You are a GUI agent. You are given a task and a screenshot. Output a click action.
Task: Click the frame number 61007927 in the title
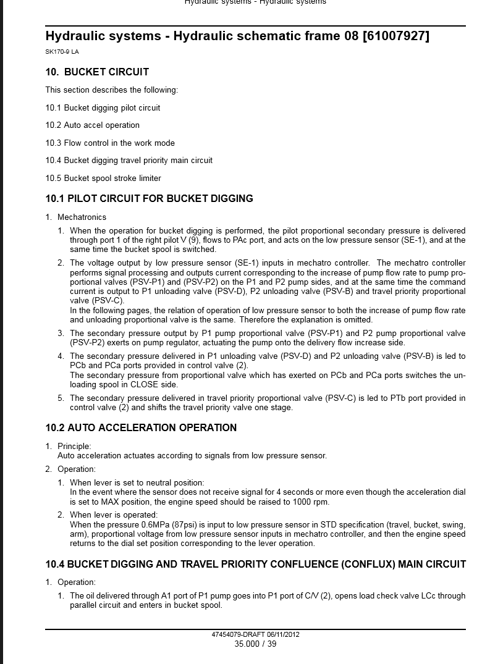point(395,36)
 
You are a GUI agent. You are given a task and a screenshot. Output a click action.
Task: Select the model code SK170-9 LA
point(62,52)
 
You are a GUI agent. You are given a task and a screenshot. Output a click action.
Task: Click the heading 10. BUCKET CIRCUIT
point(97,72)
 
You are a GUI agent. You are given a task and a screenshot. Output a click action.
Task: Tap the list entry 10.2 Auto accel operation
point(92,125)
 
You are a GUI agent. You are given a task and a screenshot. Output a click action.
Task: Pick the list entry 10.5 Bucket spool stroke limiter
point(103,178)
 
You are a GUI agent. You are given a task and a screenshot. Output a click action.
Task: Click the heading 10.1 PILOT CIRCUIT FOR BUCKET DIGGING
point(149,199)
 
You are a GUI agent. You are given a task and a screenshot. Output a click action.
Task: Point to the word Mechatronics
point(82,217)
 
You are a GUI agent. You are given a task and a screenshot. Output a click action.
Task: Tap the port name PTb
point(399,398)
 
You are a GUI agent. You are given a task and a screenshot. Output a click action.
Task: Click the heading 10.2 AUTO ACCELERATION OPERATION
point(141,427)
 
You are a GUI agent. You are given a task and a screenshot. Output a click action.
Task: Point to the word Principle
point(74,446)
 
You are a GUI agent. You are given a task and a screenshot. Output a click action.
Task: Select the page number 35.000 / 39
point(255,644)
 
